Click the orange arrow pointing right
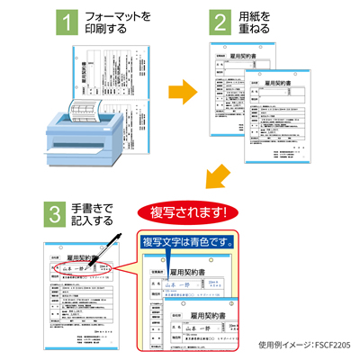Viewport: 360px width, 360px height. tap(184, 92)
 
